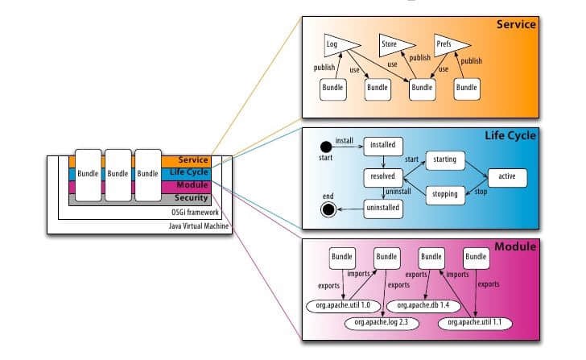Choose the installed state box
382,146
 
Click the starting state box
444,159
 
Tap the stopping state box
444,193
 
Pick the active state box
507,176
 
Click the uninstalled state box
382,209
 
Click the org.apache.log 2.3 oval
377,323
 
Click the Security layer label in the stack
192,198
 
